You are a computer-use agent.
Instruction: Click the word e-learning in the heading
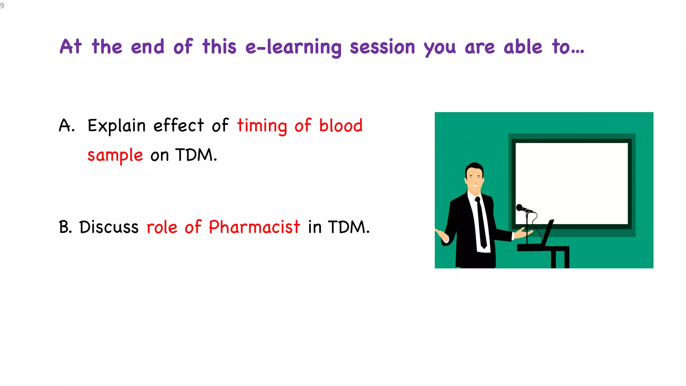point(293,47)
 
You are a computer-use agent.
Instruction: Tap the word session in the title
point(383,47)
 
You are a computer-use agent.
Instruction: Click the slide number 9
point(2,6)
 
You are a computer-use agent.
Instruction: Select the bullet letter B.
point(65,227)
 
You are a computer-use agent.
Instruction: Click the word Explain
point(117,126)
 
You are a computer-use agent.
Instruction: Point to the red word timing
point(262,126)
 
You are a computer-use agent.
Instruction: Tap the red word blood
point(341,126)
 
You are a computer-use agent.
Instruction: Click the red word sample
point(115,155)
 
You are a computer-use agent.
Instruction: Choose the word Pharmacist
point(255,227)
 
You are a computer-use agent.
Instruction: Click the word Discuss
point(109,227)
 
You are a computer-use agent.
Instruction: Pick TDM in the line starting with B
point(348,227)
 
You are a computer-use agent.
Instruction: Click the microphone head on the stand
point(520,208)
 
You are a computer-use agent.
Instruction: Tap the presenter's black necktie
point(481,223)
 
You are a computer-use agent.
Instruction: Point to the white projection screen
point(571,183)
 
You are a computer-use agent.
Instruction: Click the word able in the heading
point(523,47)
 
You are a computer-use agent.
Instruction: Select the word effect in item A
point(179,126)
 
